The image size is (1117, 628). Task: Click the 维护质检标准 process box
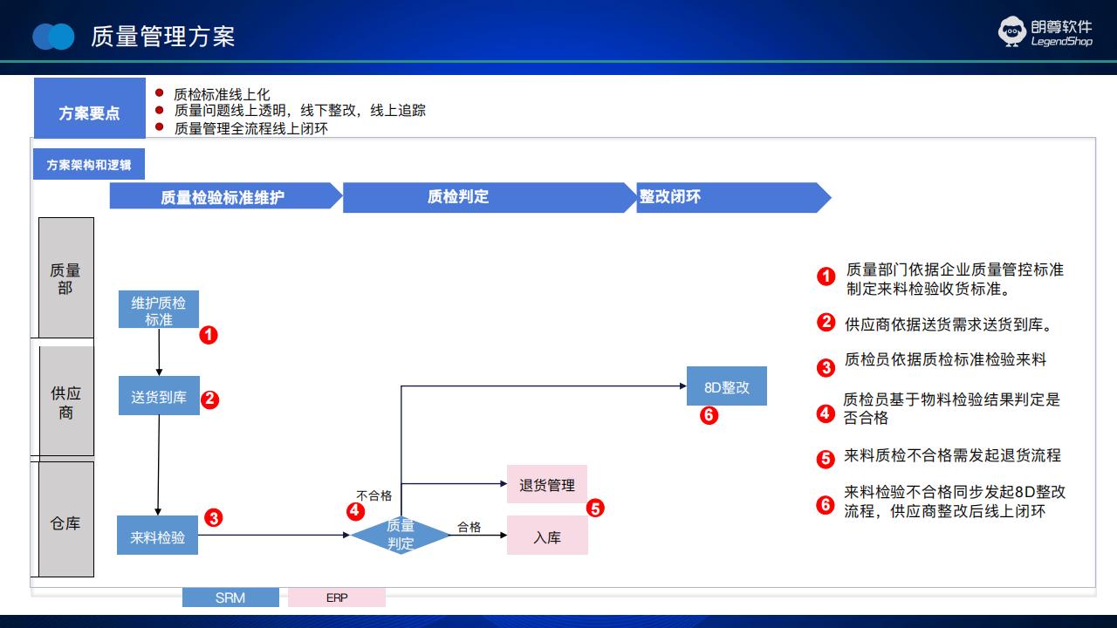pos(159,309)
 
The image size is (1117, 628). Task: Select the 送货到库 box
pos(159,396)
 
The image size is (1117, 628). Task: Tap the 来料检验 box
pos(158,536)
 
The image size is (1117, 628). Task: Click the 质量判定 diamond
pos(401,535)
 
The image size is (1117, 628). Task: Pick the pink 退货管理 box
pos(547,484)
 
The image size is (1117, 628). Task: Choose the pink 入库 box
pos(547,536)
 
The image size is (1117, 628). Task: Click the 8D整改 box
pos(727,386)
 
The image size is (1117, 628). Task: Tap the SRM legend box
pos(230,597)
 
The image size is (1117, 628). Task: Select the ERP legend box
pos(337,597)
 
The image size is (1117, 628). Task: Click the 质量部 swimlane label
pos(66,277)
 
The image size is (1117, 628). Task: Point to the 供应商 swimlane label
pos(66,401)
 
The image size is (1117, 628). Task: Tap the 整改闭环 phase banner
pos(734,197)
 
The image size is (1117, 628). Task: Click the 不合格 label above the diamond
pos(374,495)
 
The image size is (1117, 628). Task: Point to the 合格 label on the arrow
pos(469,527)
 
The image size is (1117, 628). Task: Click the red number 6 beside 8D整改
pos(709,415)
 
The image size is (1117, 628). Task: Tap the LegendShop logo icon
pos(1011,31)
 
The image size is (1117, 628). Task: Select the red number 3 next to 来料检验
pos(214,518)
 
